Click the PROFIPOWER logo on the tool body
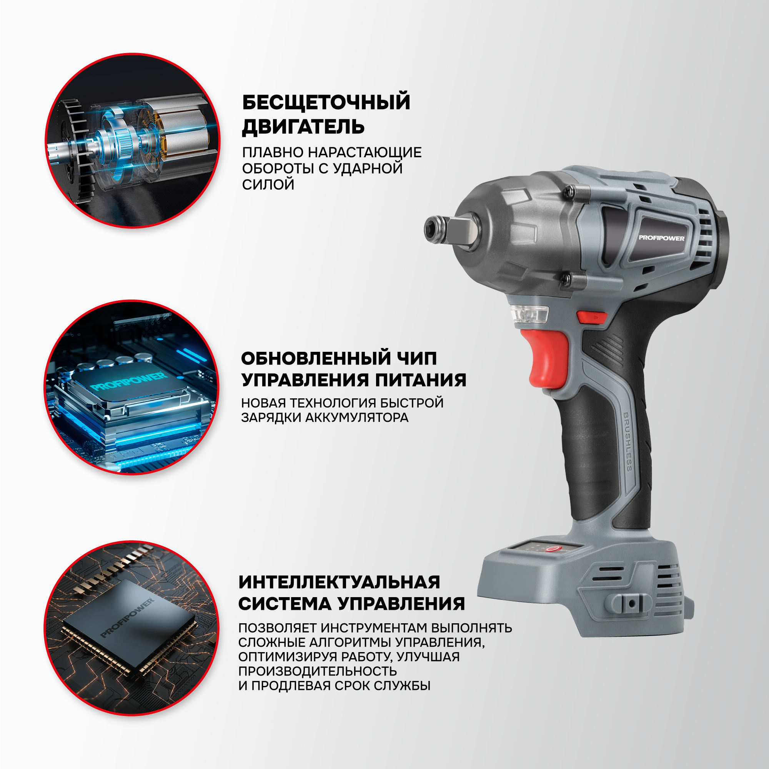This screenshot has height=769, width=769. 661,238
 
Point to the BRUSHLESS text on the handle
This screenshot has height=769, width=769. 628,442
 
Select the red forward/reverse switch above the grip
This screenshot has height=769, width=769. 592,317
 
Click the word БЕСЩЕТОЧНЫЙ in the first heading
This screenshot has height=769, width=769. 326,102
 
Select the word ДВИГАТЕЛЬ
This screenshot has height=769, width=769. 303,127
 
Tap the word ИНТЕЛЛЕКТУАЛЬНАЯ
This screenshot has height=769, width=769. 340,582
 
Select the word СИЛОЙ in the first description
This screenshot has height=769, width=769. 268,185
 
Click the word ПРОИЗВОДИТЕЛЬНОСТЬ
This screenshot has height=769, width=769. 318,671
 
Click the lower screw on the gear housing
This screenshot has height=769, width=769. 567,278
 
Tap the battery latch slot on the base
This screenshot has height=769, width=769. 631,603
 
